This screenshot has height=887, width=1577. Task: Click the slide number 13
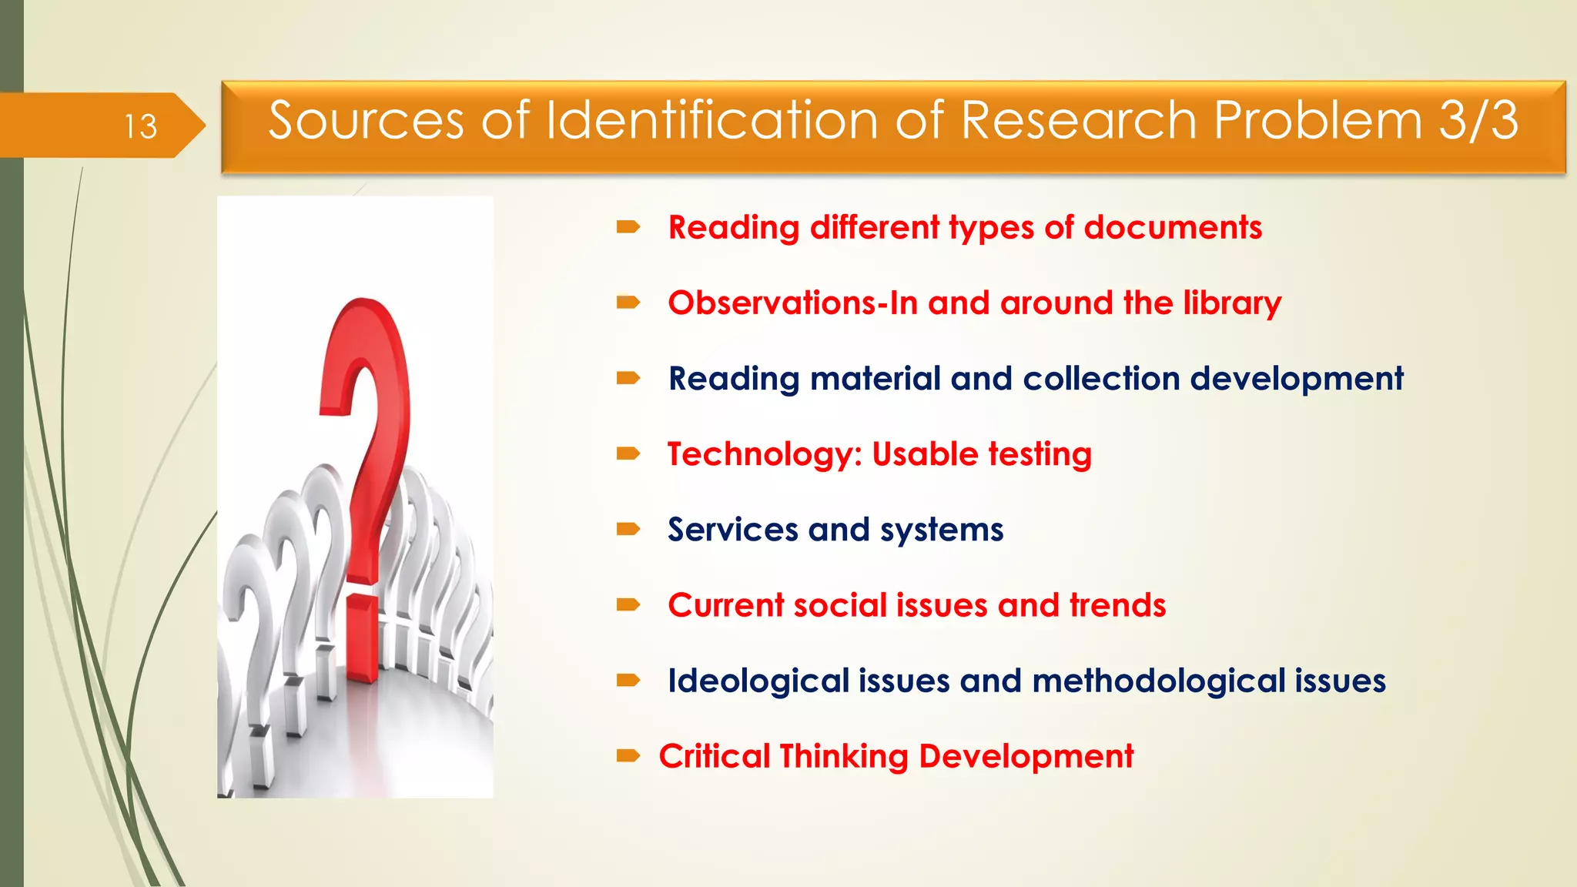pyautogui.click(x=141, y=126)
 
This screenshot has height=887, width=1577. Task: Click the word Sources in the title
pyautogui.click(x=366, y=121)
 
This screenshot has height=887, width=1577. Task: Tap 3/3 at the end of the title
pyautogui.click(x=1478, y=121)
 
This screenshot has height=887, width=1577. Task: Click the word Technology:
pyautogui.click(x=765, y=454)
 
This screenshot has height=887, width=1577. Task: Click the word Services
pyautogui.click(x=732, y=530)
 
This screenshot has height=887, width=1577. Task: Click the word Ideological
pyautogui.click(x=758, y=681)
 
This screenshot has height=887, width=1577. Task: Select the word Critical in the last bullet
pyautogui.click(x=714, y=756)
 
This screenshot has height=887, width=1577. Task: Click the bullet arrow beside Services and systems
pyautogui.click(x=628, y=529)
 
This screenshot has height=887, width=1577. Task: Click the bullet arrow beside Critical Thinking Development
pyautogui.click(x=628, y=755)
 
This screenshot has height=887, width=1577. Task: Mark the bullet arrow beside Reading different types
pyautogui.click(x=628, y=226)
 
